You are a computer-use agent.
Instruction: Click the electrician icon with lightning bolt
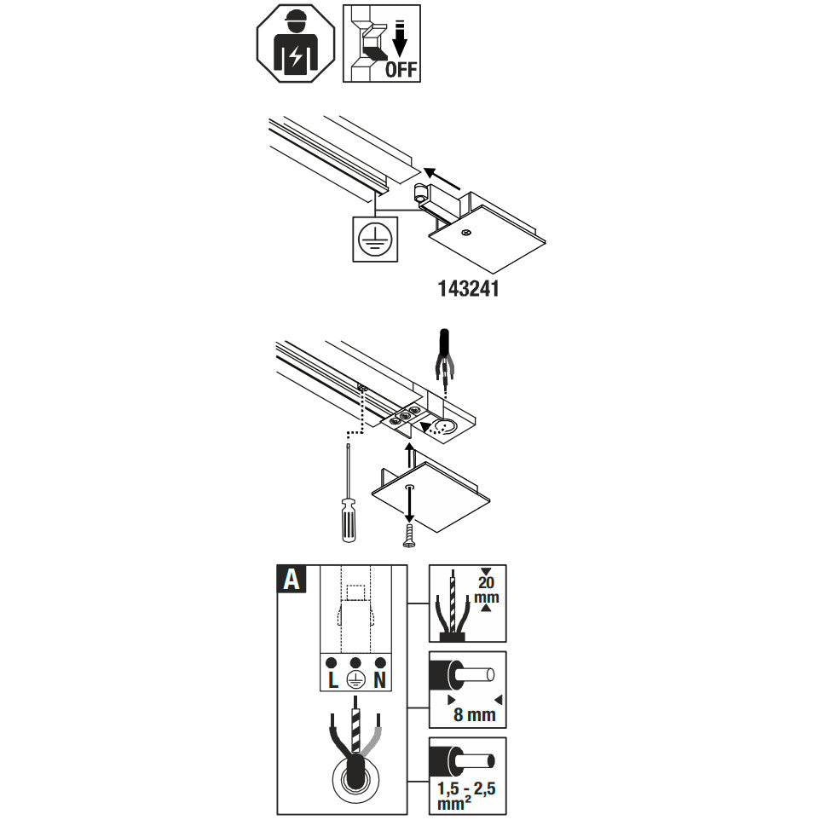tap(295, 43)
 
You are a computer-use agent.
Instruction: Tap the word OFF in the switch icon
tap(401, 69)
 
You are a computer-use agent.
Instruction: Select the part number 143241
tap(468, 289)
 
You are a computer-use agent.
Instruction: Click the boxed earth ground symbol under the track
tap(372, 239)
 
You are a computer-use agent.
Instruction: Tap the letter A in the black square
tap(292, 580)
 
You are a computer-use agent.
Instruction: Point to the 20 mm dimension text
tap(487, 590)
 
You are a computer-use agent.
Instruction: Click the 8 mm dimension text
tap(474, 714)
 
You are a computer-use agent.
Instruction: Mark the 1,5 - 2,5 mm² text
tap(466, 795)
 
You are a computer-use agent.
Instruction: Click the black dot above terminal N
tap(380, 662)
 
